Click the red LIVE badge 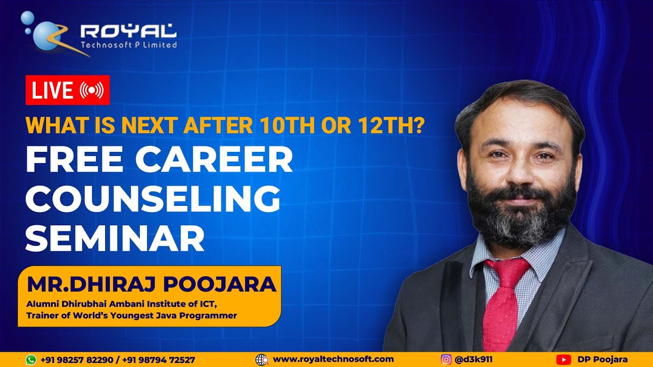(x=67, y=90)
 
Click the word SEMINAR (x=115, y=238)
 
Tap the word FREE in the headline (x=72, y=161)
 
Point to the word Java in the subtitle (x=175, y=316)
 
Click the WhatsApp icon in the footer (x=31, y=360)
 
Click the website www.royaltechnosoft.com (x=333, y=359)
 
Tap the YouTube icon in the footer (x=563, y=360)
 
